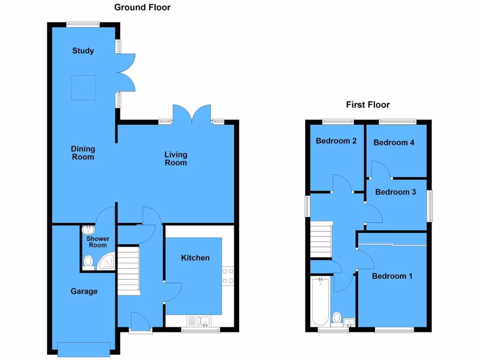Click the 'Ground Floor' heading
pyautogui.click(x=142, y=7)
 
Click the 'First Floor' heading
pyautogui.click(x=368, y=105)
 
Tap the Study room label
pyautogui.click(x=83, y=51)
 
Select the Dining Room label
pyautogui.click(x=83, y=153)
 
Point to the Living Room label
pyautogui.click(x=176, y=158)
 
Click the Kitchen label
pyautogui.click(x=195, y=258)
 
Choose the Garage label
pyautogui.click(x=84, y=291)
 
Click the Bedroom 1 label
pyautogui.click(x=392, y=276)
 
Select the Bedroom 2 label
pyautogui.click(x=337, y=141)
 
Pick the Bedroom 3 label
pyautogui.click(x=396, y=192)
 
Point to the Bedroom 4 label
pyautogui.click(x=394, y=142)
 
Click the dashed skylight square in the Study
pyautogui.click(x=83, y=87)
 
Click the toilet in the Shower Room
pyautogui.click(x=88, y=262)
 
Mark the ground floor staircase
pyautogui.click(x=128, y=270)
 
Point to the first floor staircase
pyautogui.click(x=321, y=240)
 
